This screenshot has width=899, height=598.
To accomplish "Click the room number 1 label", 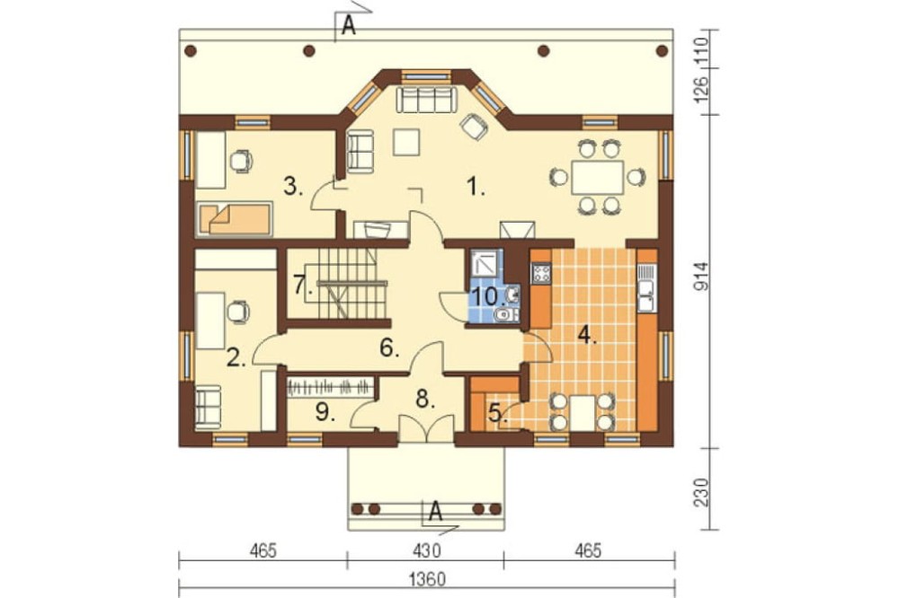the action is pyautogui.click(x=475, y=187).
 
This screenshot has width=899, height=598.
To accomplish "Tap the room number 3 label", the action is pyautogui.click(x=293, y=187).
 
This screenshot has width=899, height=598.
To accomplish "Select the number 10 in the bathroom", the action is pyautogui.click(x=486, y=296).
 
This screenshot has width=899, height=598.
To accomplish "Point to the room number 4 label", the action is pyautogui.click(x=586, y=335).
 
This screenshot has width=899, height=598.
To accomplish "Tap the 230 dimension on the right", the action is pyautogui.click(x=703, y=492).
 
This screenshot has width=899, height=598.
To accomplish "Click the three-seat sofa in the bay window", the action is pyautogui.click(x=426, y=99).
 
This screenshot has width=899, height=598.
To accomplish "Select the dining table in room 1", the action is pyautogui.click(x=597, y=178).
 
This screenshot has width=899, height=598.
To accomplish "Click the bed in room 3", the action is pyautogui.click(x=234, y=219).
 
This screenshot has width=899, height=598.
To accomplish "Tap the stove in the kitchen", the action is pyautogui.click(x=541, y=273).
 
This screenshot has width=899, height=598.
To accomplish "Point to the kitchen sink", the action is pyautogui.click(x=646, y=288).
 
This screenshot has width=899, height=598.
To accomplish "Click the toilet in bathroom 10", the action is pyautogui.click(x=504, y=314).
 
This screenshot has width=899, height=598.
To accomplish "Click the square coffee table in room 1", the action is pyautogui.click(x=406, y=142).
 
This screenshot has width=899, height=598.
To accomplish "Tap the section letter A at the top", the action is pyautogui.click(x=349, y=26).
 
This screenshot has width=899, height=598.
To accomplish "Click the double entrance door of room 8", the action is pyautogui.click(x=426, y=427).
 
